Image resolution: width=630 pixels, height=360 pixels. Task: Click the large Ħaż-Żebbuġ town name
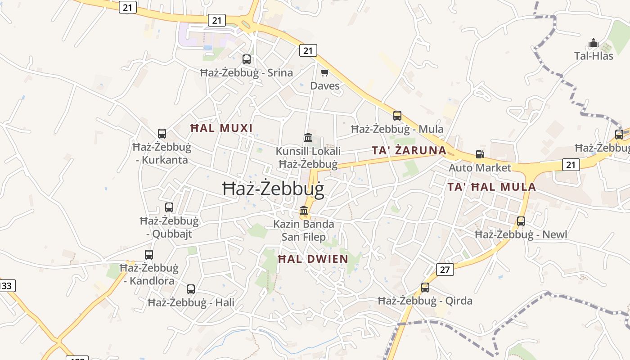tap(273, 189)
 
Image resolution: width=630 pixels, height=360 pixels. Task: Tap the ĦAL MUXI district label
tap(221, 128)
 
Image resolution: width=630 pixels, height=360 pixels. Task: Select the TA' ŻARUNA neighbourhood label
tap(409, 150)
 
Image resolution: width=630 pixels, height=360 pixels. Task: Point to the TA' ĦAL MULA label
tap(491, 187)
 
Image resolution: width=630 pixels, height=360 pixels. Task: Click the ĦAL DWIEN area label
tap(313, 259)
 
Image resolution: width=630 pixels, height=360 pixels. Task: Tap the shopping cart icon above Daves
tap(325, 72)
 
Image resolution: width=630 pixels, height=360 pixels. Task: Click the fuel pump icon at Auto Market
tap(480, 154)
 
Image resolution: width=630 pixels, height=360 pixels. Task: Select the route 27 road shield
tap(445, 270)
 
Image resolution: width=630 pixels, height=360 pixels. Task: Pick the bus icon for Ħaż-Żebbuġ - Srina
tap(247, 59)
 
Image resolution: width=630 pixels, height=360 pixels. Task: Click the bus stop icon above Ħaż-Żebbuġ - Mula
tap(397, 116)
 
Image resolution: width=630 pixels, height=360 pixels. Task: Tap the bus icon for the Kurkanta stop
tap(162, 133)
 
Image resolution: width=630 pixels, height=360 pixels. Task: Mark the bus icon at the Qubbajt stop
tap(169, 207)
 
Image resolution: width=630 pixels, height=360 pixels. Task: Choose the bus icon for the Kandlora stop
tap(149, 254)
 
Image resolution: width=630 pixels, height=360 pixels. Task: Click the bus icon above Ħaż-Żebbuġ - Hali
tap(191, 289)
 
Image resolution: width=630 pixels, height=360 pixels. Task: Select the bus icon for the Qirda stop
tap(425, 287)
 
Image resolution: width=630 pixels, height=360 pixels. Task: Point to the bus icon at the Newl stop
tap(521, 221)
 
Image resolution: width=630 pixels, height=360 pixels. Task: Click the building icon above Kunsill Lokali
tap(308, 137)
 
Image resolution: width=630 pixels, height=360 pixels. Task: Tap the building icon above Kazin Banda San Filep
tap(304, 210)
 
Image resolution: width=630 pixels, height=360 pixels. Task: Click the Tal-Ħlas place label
tap(594, 56)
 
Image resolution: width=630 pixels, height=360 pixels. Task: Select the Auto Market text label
tap(480, 168)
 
